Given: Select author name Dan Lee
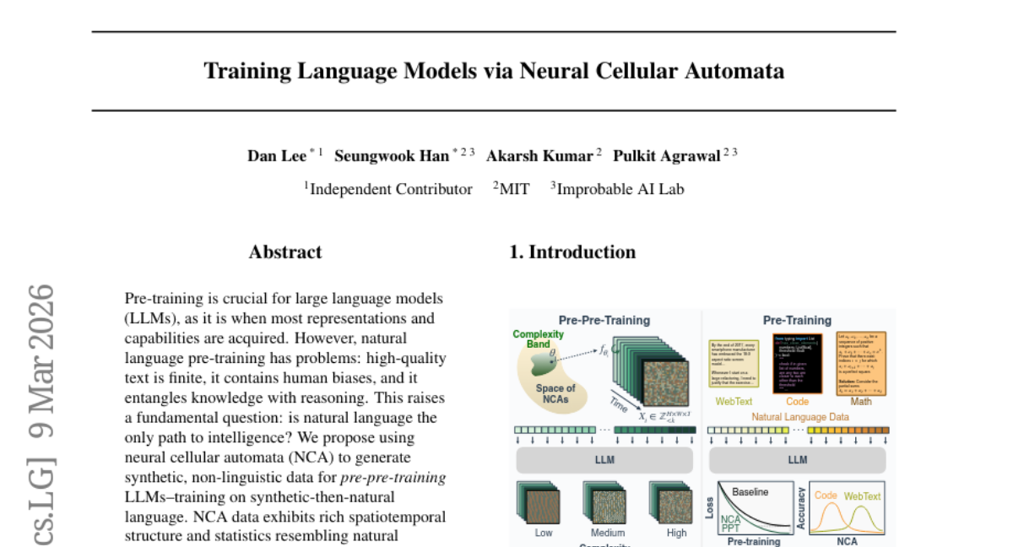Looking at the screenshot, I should pyautogui.click(x=276, y=155).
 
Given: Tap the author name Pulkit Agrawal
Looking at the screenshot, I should pyautogui.click(x=666, y=155).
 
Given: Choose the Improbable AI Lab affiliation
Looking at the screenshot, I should pyautogui.click(x=620, y=189).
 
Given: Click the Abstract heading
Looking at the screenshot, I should pyautogui.click(x=285, y=252).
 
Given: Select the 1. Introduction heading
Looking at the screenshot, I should pyautogui.click(x=572, y=252).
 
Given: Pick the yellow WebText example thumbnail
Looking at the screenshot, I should pyautogui.click(x=734, y=361).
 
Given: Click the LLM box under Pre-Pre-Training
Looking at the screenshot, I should pyautogui.click(x=604, y=460).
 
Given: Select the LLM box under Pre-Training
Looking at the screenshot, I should pyautogui.click(x=797, y=460).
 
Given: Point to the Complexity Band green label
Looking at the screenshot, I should pyautogui.click(x=539, y=338).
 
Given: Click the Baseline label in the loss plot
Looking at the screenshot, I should pyautogui.click(x=750, y=491).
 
